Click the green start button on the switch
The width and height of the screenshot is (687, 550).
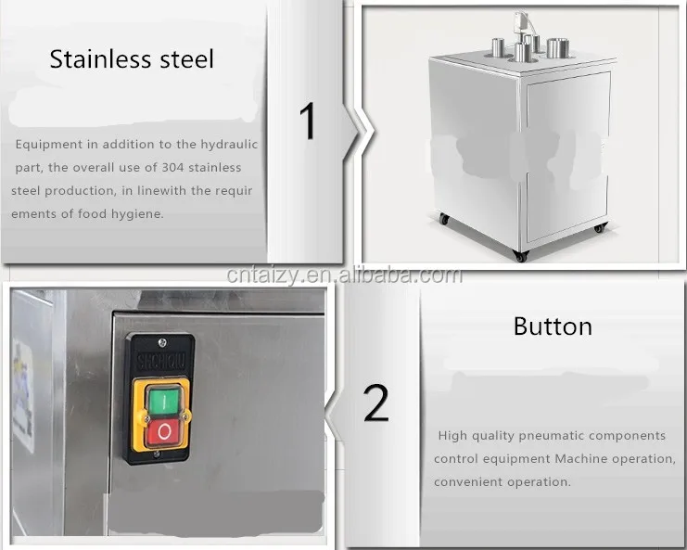pos(164,402)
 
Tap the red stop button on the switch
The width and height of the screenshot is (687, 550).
pos(164,431)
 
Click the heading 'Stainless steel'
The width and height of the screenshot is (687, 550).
pos(132,59)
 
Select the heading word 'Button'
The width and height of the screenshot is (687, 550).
pos(553,326)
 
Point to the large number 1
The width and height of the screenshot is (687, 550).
pos(309,121)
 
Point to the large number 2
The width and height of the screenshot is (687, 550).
pos(375,403)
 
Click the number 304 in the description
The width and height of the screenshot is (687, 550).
pos(173,167)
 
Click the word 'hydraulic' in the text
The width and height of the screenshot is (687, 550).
pos(229,145)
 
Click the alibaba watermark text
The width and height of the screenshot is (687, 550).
pos(344,275)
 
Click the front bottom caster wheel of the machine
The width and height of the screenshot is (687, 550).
pos(521,256)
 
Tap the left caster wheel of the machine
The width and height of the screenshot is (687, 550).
pos(444,219)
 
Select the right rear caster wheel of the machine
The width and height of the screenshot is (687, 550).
pos(599,227)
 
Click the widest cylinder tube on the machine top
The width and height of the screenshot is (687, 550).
pos(558,48)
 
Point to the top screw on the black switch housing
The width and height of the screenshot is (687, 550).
pos(162,342)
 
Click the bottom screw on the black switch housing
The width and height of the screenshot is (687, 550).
pos(157,454)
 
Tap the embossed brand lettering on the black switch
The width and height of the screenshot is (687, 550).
pos(161,361)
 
